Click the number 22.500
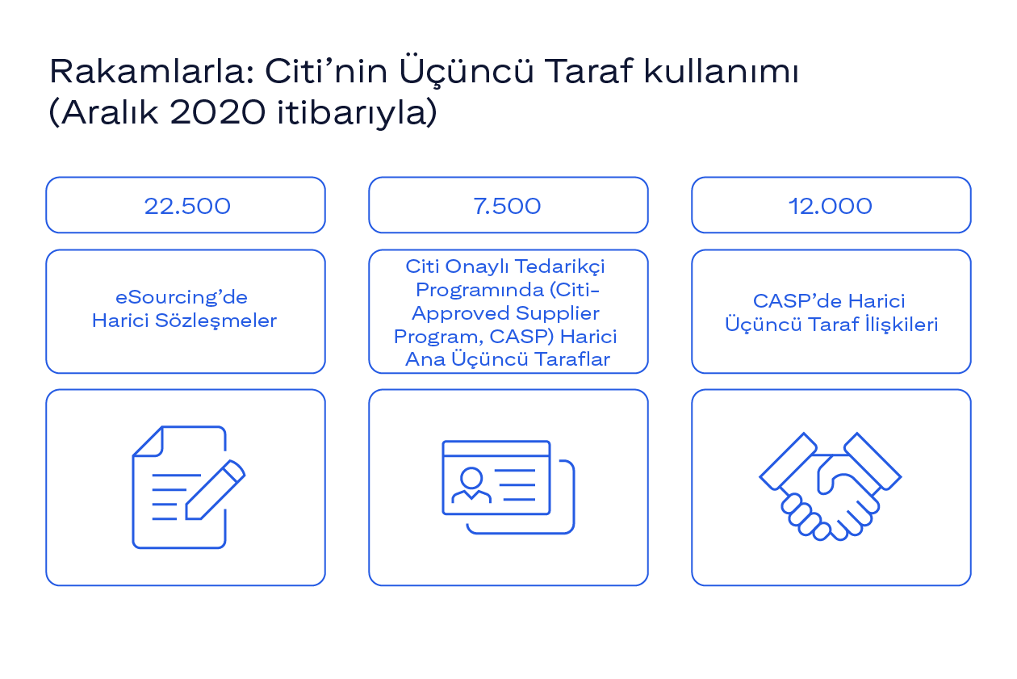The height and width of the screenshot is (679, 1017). pyautogui.click(x=187, y=206)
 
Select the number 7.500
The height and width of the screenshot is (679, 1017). pyautogui.click(x=507, y=206)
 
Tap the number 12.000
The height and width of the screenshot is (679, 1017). pyautogui.click(x=831, y=206)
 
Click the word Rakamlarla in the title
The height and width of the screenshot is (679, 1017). pyautogui.click(x=151, y=72)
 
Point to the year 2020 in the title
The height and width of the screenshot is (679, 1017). pyautogui.click(x=217, y=111)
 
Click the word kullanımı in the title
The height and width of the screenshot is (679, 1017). pyautogui.click(x=721, y=72)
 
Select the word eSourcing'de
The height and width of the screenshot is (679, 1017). pyautogui.click(x=182, y=298)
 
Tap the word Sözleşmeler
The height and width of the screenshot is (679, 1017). pyautogui.click(x=216, y=321)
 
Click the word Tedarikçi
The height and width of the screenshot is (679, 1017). pyautogui.click(x=560, y=267)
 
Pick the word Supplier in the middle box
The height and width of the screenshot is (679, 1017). pyautogui.click(x=558, y=314)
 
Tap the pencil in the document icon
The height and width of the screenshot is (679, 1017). pyautogui.click(x=216, y=489)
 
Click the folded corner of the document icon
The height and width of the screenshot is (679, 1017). pyautogui.click(x=149, y=441)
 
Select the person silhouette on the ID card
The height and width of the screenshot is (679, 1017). pyautogui.click(x=471, y=484)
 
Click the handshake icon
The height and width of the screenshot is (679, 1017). pyautogui.click(x=831, y=486)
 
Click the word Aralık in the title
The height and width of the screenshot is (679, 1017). pyautogui.click(x=110, y=111)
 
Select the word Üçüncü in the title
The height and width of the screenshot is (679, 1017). pyautogui.click(x=467, y=70)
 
